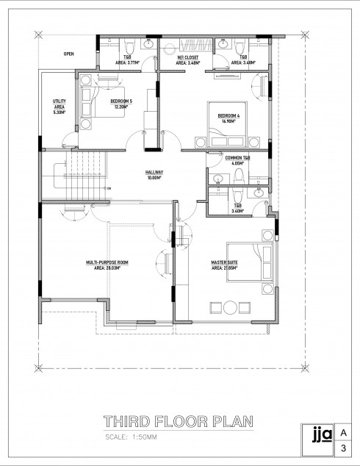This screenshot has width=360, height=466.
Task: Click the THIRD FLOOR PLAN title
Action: pyautogui.click(x=179, y=422)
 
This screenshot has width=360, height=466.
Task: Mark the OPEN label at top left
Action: pyautogui.click(x=68, y=54)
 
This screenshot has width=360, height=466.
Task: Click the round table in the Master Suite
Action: pyautogui.click(x=217, y=307)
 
